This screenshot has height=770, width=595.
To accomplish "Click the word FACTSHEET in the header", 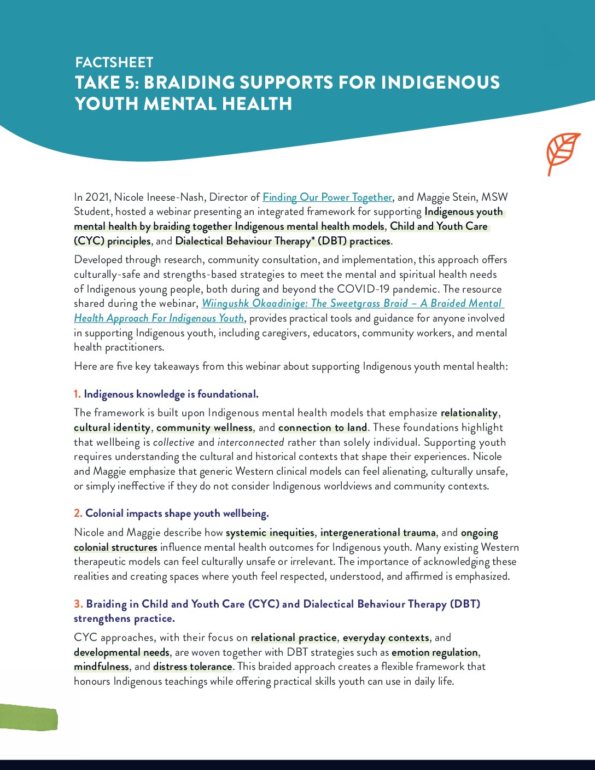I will (114, 62).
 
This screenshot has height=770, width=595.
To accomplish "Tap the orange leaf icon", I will (563, 154).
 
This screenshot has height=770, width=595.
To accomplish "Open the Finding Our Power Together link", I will (327, 197).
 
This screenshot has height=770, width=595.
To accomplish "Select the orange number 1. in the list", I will (77, 394).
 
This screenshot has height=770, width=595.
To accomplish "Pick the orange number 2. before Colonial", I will (78, 514).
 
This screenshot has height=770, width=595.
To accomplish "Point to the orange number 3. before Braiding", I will (79, 604).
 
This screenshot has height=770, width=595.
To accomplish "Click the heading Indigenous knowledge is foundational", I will (171, 394).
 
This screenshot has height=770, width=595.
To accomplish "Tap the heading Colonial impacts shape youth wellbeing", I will (177, 514).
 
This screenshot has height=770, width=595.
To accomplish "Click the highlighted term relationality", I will (469, 413).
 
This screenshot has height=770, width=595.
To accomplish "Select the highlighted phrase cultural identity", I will (112, 428).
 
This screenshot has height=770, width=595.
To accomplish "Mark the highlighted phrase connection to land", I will (323, 428).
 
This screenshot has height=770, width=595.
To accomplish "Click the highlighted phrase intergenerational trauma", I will (378, 533).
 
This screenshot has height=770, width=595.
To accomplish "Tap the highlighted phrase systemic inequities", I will (270, 533).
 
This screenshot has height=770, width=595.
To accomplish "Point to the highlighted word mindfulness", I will (102, 667).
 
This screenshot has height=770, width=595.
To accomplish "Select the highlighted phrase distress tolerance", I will (192, 667).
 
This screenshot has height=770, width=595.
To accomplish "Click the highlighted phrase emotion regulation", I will (435, 652).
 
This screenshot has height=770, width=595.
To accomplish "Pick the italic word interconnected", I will (250, 443).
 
